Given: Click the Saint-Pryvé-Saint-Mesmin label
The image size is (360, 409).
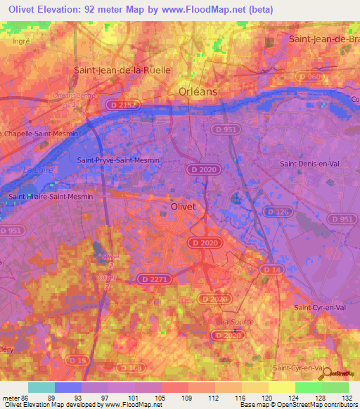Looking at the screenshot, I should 119,160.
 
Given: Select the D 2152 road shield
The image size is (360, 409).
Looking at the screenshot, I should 122,105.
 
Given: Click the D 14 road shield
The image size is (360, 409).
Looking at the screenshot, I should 271,269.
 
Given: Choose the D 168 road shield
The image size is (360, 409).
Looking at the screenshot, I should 129,367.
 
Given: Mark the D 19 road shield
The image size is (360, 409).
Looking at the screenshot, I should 79,361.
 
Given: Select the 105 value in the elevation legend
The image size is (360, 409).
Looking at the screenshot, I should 161,398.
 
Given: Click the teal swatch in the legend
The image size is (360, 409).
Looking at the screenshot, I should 41,387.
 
